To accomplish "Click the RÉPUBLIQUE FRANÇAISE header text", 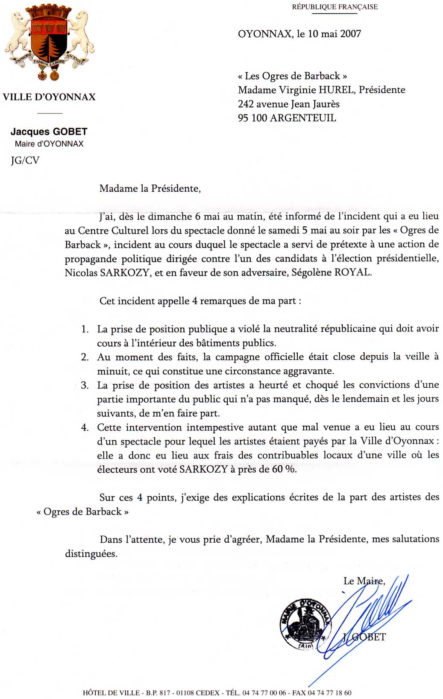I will [334, 7].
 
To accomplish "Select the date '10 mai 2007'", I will [334, 34].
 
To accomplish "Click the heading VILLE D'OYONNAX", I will [49, 97].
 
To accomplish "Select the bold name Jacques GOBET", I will [49, 132].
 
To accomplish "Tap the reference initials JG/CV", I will [25, 161].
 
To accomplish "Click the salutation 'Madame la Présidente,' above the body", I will [150, 188].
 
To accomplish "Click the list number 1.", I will [85, 329].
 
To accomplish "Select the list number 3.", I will [85, 386].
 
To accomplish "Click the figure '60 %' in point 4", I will [284, 469].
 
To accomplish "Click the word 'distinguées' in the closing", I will [91, 554].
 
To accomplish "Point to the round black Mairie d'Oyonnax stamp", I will [305, 624].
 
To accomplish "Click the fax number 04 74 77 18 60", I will [329, 693].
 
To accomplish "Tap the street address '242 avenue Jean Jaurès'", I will [289, 104].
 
